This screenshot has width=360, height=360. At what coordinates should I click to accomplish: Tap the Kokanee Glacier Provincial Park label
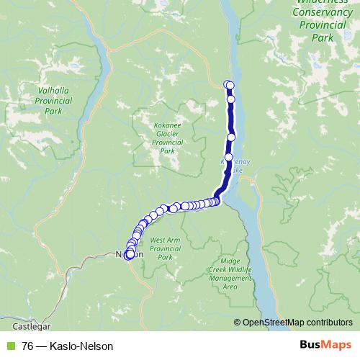[x=168, y=138]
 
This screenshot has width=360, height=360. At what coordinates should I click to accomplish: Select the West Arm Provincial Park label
[x=165, y=248]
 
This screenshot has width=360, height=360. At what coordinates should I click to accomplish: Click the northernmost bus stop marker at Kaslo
[x=228, y=84]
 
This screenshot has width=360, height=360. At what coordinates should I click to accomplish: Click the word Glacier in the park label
[x=168, y=133]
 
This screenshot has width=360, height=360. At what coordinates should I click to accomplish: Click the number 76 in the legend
[x=27, y=346]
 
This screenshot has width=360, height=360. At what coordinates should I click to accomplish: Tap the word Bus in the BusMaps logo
[x=311, y=346]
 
